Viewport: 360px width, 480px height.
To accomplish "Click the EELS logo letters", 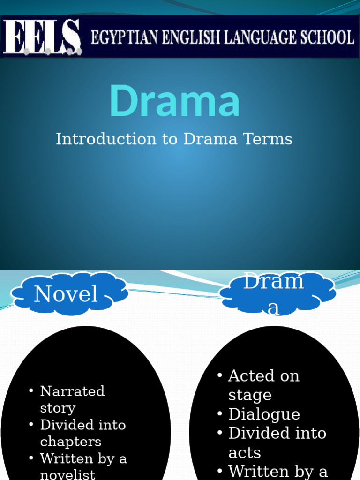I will (43, 37).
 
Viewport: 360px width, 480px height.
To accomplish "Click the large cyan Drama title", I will (174, 101).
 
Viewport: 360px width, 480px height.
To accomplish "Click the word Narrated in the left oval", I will (72, 391).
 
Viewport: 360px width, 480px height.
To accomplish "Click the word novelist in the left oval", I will (67, 474).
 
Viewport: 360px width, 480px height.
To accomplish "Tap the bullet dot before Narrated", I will (31, 391).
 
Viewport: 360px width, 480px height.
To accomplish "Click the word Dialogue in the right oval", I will (264, 414).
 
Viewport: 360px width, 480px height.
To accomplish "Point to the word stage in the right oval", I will (249, 395).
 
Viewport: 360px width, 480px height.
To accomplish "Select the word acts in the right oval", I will (244, 453).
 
